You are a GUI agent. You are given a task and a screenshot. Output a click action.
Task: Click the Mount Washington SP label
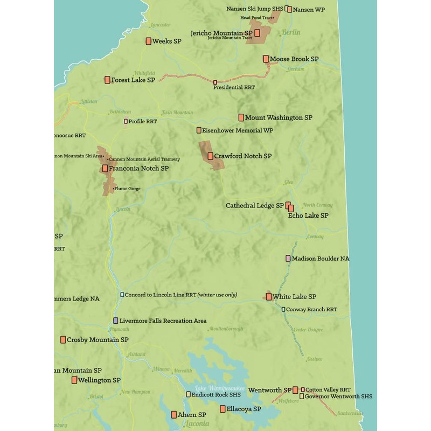[279, 117]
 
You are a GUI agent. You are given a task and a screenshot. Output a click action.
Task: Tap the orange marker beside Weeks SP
[149, 41]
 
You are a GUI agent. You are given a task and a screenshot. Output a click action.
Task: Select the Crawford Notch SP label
[242, 156]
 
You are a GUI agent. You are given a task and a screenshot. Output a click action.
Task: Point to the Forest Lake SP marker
[107, 80]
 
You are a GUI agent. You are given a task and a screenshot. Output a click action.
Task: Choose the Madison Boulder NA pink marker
[288, 259]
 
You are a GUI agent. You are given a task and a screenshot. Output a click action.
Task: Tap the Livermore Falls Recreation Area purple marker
[116, 321]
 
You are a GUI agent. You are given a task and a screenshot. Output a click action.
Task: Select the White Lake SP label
[294, 297]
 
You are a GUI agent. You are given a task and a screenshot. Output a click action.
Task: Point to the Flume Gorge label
[127, 189]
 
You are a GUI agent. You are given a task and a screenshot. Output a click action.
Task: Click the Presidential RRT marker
[215, 82]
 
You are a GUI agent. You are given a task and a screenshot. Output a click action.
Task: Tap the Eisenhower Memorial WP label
[238, 130]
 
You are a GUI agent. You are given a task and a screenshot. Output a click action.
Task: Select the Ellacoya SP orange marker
[223, 409]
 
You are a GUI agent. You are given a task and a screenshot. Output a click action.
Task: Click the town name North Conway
[317, 205]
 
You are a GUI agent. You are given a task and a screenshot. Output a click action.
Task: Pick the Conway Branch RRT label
[312, 310]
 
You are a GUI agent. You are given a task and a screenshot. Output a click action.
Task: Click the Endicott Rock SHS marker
[188, 394]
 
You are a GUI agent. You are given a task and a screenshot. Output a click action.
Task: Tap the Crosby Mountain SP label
[97, 340]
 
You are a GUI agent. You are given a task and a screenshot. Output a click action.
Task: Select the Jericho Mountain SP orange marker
[258, 33]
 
